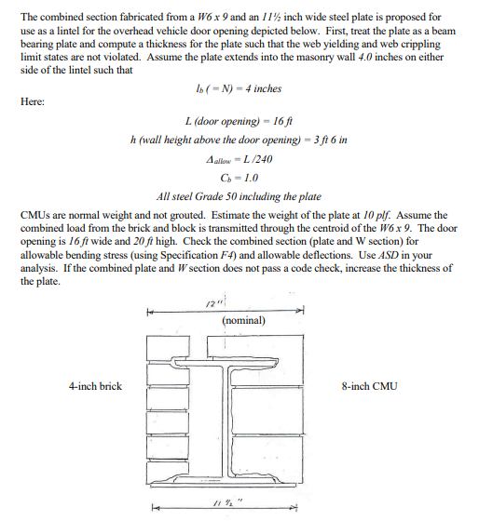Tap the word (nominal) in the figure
click(244, 320)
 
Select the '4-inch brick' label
click(94, 386)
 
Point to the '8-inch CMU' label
click(370, 386)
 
